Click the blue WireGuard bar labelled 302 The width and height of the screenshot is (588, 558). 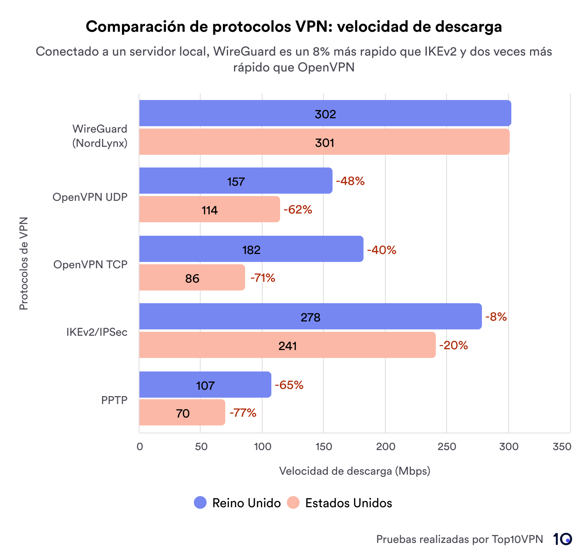tap(325, 114)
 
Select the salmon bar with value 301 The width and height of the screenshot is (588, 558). tap(324, 142)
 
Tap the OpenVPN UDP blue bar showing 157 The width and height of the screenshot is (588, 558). tap(236, 181)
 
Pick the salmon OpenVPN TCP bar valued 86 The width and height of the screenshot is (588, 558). tap(192, 278)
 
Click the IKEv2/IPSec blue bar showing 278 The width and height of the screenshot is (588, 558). tap(310, 317)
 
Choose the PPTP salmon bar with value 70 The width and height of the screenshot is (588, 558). tap(182, 413)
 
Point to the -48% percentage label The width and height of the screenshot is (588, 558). tap(350, 181)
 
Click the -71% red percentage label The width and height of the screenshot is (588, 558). tap(263, 278)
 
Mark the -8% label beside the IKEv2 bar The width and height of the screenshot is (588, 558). tap(496, 317)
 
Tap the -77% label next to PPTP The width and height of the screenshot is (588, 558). tap(243, 413)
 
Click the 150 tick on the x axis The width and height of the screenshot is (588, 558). tap(323, 446)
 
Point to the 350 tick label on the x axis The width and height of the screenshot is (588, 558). tap(562, 446)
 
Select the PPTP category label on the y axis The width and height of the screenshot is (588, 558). tap(114, 400)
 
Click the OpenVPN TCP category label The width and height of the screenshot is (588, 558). tap(90, 264)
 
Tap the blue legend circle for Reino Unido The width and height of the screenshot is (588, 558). tap(200, 503)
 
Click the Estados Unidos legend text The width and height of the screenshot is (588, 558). tap(348, 503)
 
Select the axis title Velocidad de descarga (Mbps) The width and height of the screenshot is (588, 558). tap(354, 471)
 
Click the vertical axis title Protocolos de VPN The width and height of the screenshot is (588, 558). tap(24, 264)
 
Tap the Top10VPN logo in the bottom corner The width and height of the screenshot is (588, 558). tap(562, 539)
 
